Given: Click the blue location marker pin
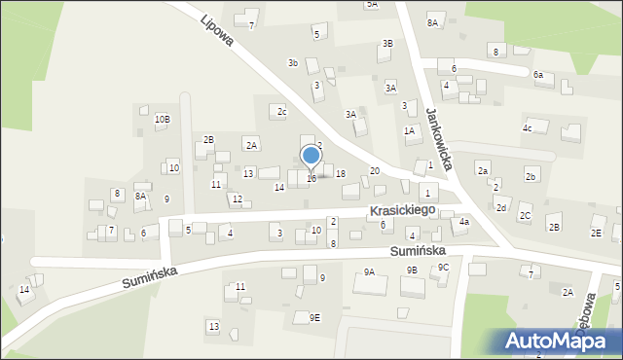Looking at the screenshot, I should [x=311, y=156].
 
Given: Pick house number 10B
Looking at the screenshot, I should [x=163, y=120].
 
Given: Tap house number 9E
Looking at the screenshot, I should [x=314, y=317].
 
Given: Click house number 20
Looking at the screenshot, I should [x=375, y=171].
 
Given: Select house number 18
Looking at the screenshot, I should [x=340, y=173].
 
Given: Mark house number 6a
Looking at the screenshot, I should [x=538, y=75].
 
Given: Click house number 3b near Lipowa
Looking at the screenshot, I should [x=292, y=63].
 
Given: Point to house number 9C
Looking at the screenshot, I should [x=443, y=267].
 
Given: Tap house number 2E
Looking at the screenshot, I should [x=596, y=234].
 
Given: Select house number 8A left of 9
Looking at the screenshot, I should [x=140, y=197].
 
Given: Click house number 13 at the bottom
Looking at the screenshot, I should [x=213, y=326].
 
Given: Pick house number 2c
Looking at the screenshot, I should [x=281, y=112].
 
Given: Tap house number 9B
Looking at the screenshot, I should [x=412, y=270].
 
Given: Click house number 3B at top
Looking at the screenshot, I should [x=387, y=44].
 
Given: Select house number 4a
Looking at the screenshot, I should [x=464, y=222].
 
